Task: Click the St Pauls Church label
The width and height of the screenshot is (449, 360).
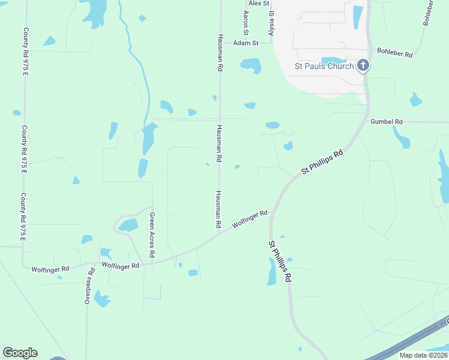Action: pos(323,66)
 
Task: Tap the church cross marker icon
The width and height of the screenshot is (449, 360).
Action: pos(363,65)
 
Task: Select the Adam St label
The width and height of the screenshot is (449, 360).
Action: pos(246,43)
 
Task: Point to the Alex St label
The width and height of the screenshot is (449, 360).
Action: pos(259,4)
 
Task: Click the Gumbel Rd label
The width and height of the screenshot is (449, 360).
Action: pos(386,121)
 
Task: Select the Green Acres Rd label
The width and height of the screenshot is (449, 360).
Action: pos(152,235)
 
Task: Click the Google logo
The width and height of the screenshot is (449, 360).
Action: pos(20,353)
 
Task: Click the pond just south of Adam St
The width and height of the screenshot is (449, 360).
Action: pos(251,65)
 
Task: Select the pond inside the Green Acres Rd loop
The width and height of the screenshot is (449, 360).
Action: pos(128,226)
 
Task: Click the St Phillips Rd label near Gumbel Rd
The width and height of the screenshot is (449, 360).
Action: pos(322,162)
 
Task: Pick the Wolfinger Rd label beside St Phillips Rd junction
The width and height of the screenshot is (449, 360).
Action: pos(250,218)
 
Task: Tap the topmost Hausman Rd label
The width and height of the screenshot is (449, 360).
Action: pos(220,53)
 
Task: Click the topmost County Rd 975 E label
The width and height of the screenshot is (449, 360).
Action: pos(25,52)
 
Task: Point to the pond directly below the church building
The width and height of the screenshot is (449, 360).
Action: pos(333,61)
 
